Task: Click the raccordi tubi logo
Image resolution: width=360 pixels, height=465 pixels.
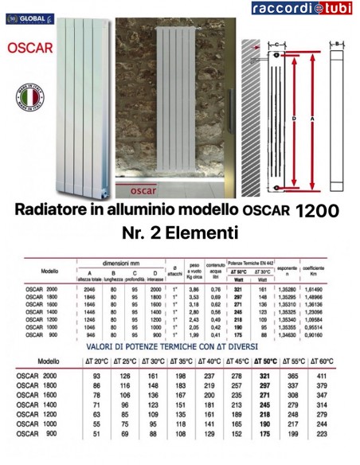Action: (x=303, y=9)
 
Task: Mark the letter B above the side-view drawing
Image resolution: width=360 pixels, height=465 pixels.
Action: (x=338, y=43)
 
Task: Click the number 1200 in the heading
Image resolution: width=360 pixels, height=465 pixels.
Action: (x=316, y=212)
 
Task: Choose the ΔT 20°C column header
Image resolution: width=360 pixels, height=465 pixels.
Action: (x=97, y=361)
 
